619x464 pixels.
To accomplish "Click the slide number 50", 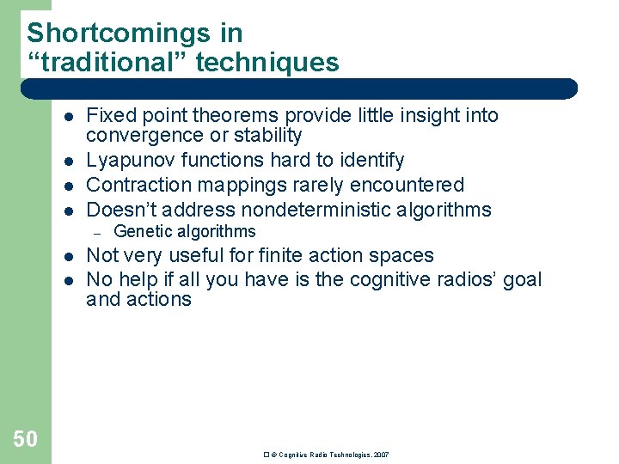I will coord(25,440).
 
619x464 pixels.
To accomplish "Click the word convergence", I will coord(140,136).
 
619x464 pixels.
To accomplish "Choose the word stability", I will coord(270,136).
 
